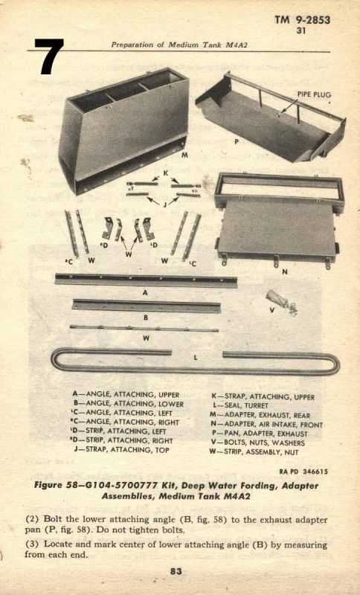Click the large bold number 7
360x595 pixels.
pyautogui.click(x=49, y=57)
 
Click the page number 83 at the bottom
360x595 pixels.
pyautogui.click(x=176, y=570)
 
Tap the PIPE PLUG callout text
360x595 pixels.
pyautogui.click(x=314, y=94)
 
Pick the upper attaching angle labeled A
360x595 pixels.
pyautogui.click(x=146, y=280)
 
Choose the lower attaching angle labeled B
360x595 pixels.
pyautogui.click(x=147, y=306)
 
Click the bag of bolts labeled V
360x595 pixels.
pyautogui.click(x=281, y=302)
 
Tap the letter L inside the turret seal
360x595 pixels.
pyautogui.click(x=196, y=358)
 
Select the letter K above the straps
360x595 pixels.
pyautogui.click(x=165, y=173)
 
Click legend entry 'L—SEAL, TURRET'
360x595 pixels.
pyautogui.click(x=240, y=406)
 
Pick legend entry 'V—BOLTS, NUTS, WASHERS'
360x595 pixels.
pyautogui.click(x=257, y=443)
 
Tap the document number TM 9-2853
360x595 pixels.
pyautogui.click(x=302, y=20)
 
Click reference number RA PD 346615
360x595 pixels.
pyautogui.click(x=303, y=472)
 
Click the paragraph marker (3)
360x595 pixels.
pyautogui.click(x=33, y=544)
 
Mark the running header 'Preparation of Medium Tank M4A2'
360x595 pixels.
pyautogui.click(x=179, y=45)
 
